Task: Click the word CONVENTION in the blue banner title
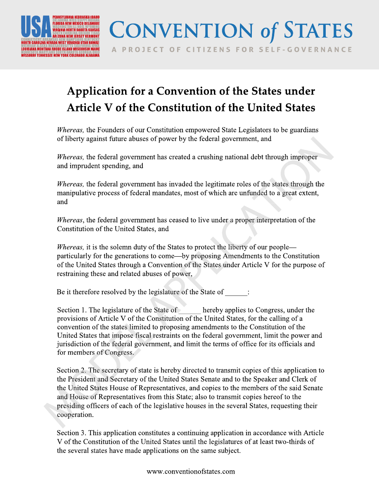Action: pyautogui.click(x=181, y=31)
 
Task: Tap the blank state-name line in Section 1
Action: pyautogui.click(x=190, y=310)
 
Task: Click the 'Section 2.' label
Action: pyautogui.click(x=72, y=370)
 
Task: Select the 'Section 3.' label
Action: pyautogui.click(x=72, y=433)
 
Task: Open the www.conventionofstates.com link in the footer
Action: pyautogui.click(x=191, y=471)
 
